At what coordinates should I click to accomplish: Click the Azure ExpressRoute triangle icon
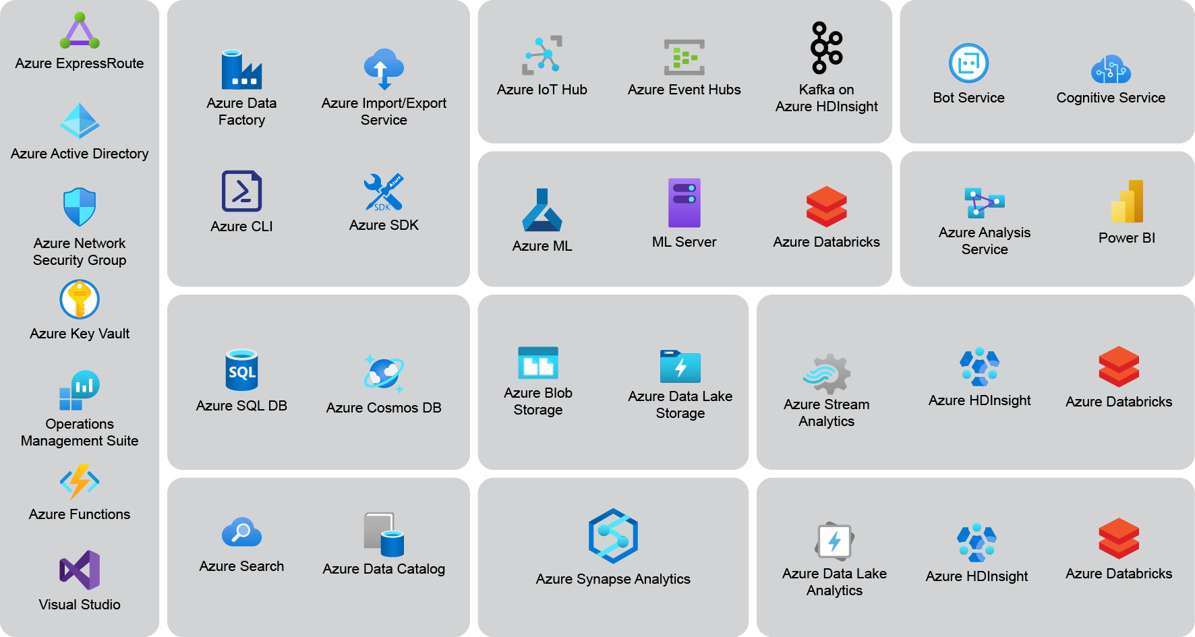click(x=80, y=31)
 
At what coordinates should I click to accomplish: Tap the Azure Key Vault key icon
click(x=80, y=299)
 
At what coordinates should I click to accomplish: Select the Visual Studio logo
click(x=80, y=570)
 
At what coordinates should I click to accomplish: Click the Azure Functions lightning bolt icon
click(x=80, y=481)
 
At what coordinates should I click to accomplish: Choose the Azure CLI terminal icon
click(x=241, y=191)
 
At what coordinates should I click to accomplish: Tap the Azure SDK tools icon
click(x=384, y=192)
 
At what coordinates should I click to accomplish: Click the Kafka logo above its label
click(x=826, y=48)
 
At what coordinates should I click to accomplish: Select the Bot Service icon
click(x=968, y=63)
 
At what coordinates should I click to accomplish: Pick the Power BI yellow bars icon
click(x=1127, y=202)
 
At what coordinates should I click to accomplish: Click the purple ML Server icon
click(x=684, y=203)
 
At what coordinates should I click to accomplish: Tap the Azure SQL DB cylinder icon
click(x=241, y=370)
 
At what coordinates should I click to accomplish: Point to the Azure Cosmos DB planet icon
click(x=384, y=373)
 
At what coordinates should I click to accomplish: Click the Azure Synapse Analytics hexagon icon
click(x=613, y=536)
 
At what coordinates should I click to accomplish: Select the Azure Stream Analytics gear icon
click(x=827, y=373)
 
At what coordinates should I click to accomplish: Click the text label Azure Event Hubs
click(x=684, y=90)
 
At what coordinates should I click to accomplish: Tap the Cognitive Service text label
click(x=1111, y=98)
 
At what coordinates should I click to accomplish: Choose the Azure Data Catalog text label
click(x=384, y=569)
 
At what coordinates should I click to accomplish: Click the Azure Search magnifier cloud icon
click(x=241, y=533)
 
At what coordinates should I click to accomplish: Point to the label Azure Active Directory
click(x=80, y=154)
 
